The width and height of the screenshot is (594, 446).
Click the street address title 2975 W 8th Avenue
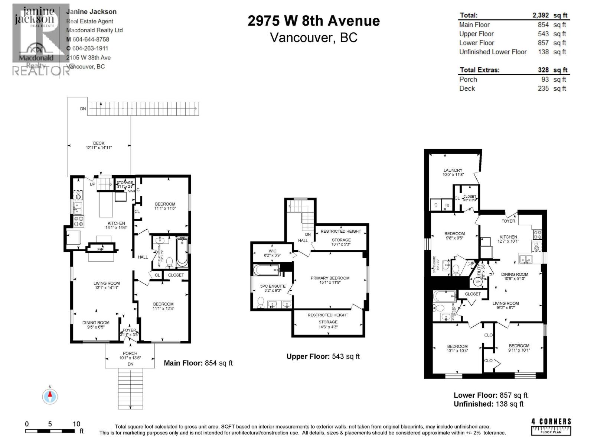click(x=314, y=21)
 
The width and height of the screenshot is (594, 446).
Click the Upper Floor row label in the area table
click(x=476, y=34)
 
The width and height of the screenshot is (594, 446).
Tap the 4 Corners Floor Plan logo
click(x=551, y=426)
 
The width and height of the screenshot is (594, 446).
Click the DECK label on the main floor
click(x=99, y=143)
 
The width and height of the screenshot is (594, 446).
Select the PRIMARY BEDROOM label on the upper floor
click(x=330, y=278)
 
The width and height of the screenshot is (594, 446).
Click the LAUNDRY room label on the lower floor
click(x=453, y=170)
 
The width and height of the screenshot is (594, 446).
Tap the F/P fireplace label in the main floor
click(x=100, y=249)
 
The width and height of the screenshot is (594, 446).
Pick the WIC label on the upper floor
click(x=272, y=251)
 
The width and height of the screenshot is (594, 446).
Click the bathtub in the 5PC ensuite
click(x=266, y=269)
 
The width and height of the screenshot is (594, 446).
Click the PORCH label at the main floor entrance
click(x=130, y=353)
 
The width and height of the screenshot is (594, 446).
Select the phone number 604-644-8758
click(x=90, y=39)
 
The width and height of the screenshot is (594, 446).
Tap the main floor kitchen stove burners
click(x=79, y=222)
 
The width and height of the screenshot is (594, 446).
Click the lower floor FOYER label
click(x=508, y=221)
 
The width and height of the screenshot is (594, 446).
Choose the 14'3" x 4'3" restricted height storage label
click(x=328, y=327)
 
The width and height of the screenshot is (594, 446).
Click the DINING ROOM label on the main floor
click(x=96, y=323)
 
